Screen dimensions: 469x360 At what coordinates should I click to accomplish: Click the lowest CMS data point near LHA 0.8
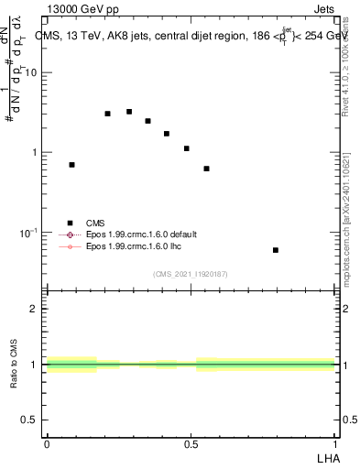tap(275, 250)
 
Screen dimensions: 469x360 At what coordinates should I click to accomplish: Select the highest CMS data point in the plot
tap(129, 112)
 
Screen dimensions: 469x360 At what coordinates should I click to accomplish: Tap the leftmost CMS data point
tap(71, 165)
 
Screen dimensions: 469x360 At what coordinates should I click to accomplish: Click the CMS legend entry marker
tap(70, 223)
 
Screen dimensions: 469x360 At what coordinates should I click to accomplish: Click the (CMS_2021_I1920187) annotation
tap(191, 274)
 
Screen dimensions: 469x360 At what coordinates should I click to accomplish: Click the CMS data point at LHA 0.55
tap(206, 169)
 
